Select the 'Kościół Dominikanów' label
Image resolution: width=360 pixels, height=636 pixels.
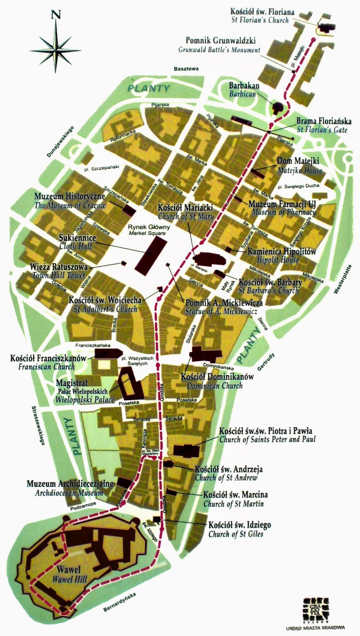217,376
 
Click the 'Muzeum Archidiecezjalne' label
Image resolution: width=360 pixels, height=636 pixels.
70,484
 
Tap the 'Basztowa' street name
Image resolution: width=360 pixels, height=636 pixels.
186,69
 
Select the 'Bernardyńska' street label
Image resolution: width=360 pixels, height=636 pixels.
119,605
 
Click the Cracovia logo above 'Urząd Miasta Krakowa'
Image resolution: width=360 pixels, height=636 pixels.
316,606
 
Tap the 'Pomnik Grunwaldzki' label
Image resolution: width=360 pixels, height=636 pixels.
221,41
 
